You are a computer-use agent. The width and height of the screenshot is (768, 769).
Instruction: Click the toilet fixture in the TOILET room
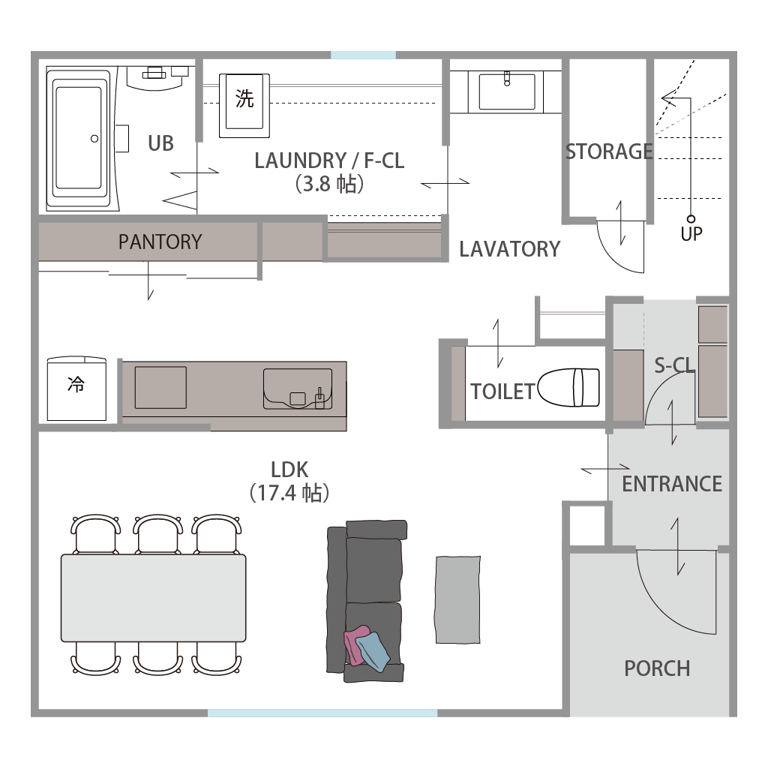coord(569,387)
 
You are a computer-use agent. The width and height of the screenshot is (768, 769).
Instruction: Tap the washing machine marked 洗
coord(244,106)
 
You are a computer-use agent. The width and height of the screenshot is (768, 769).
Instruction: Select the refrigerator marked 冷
coord(76,389)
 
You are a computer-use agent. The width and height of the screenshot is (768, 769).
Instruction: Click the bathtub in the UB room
coord(79,138)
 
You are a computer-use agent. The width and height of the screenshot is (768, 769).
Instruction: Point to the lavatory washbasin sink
coord(507,92)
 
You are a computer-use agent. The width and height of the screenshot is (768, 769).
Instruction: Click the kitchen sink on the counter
coord(298,389)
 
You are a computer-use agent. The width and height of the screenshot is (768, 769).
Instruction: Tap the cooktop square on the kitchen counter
coord(160,387)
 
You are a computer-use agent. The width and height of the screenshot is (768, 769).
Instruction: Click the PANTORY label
coord(160,242)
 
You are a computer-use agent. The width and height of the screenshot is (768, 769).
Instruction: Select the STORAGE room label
coord(609,152)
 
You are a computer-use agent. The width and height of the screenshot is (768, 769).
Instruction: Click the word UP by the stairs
coord(691,234)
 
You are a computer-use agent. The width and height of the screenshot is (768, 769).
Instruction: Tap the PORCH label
coord(657,668)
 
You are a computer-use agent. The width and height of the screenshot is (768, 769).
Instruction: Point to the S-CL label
coord(674,365)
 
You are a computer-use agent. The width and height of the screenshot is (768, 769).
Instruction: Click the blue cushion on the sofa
coord(373,651)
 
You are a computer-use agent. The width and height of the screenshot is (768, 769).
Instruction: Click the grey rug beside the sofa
coord(458,599)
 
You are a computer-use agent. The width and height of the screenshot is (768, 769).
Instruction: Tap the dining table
coord(154,598)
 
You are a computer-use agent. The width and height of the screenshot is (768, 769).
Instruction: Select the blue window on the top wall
coord(364,55)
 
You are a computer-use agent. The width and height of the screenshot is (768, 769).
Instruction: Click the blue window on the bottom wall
coord(322,713)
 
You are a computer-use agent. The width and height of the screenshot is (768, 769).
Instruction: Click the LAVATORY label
coord(510,249)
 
